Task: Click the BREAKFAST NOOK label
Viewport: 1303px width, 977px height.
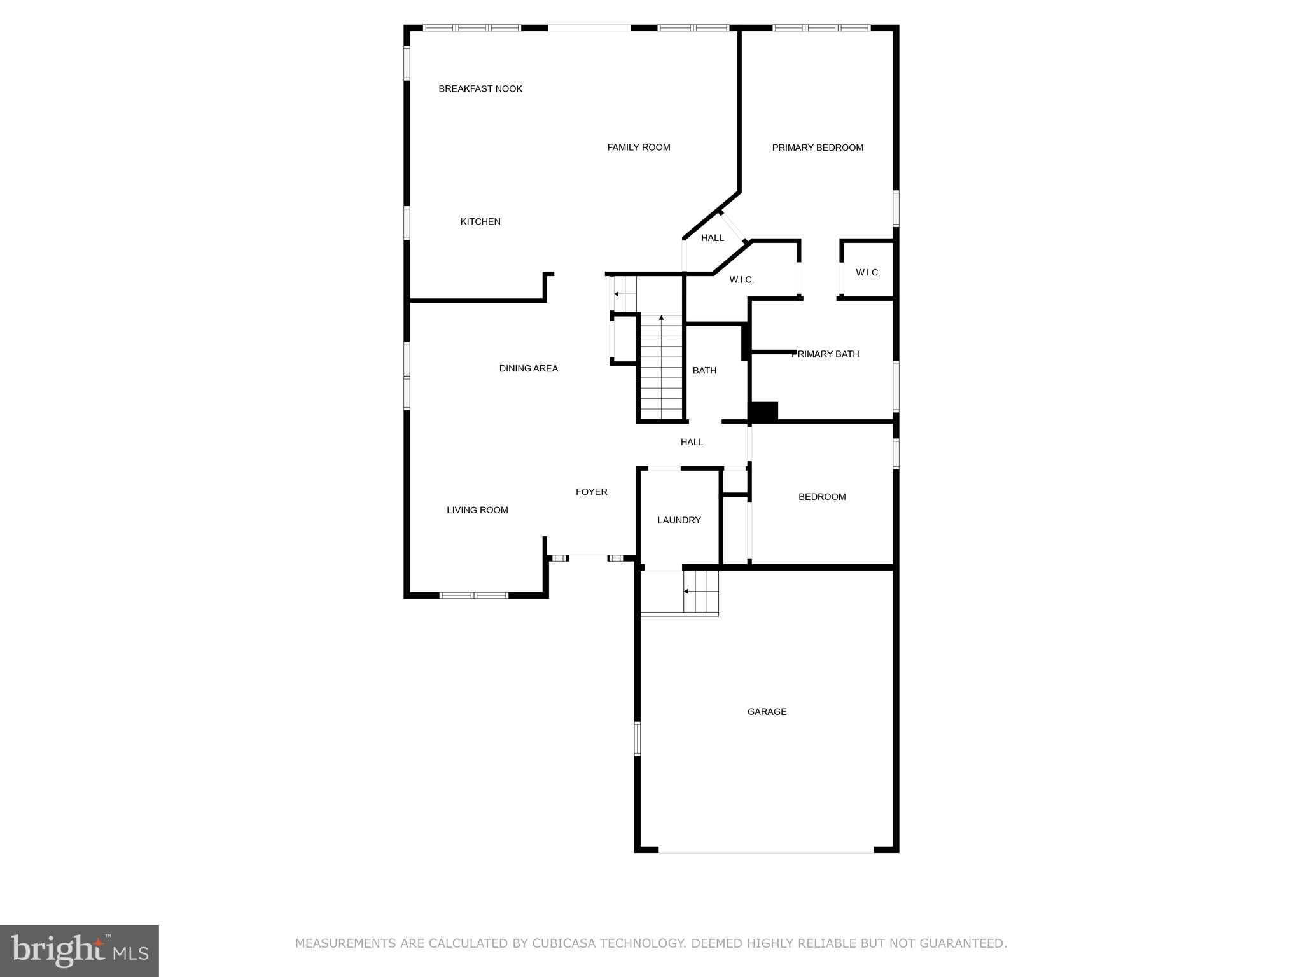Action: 480,89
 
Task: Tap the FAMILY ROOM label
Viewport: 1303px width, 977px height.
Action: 639,148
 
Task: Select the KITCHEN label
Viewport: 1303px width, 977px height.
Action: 480,222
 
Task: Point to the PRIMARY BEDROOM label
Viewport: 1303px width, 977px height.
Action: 818,148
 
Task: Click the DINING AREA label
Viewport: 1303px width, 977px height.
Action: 528,368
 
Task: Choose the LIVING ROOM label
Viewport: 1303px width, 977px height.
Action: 477,510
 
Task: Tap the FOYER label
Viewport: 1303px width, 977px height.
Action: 591,492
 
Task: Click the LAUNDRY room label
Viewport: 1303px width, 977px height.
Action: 679,520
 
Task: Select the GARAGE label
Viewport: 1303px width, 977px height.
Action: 767,712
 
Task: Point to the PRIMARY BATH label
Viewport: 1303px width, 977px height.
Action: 825,354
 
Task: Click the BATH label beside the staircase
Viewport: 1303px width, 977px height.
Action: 704,370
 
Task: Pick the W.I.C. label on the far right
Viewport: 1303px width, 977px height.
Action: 868,273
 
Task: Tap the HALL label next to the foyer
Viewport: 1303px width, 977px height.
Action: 692,442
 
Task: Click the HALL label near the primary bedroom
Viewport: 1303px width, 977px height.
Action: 712,238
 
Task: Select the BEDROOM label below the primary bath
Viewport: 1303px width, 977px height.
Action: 822,497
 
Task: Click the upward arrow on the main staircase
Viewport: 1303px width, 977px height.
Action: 662,317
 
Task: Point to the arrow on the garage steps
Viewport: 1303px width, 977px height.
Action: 686,592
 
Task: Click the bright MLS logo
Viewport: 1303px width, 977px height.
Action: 79,950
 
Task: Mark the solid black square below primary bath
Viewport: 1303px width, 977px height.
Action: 763,412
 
